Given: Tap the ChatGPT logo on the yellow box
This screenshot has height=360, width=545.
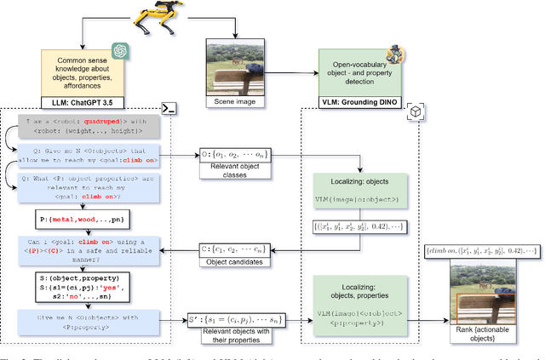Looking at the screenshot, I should (119, 52).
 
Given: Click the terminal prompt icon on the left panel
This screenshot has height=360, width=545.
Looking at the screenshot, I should (169, 109).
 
